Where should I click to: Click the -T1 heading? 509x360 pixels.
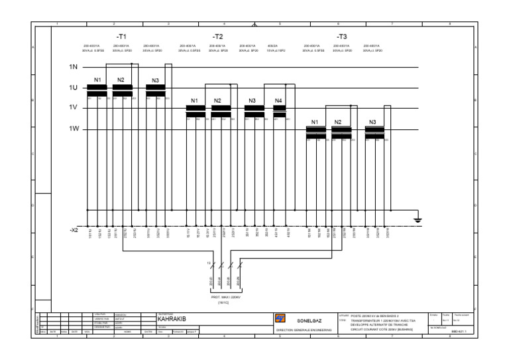pyautogui.click(x=121, y=36)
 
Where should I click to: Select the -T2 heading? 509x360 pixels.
pyautogui.click(x=217, y=36)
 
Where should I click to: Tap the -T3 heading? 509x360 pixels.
pyautogui.click(x=341, y=36)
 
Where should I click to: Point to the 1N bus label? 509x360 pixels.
pyautogui.click(x=73, y=67)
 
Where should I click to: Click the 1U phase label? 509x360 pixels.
pyautogui.click(x=73, y=88)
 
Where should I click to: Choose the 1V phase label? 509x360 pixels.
pyautogui.click(x=73, y=107)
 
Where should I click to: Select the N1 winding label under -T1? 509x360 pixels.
pyautogui.click(x=97, y=80)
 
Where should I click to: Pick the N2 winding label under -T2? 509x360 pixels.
pyautogui.click(x=217, y=101)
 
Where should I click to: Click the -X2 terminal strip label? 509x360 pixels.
pyautogui.click(x=74, y=229)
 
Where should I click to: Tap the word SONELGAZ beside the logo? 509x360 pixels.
pyautogui.click(x=309, y=320)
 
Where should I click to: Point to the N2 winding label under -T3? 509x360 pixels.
pyautogui.click(x=337, y=122)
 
